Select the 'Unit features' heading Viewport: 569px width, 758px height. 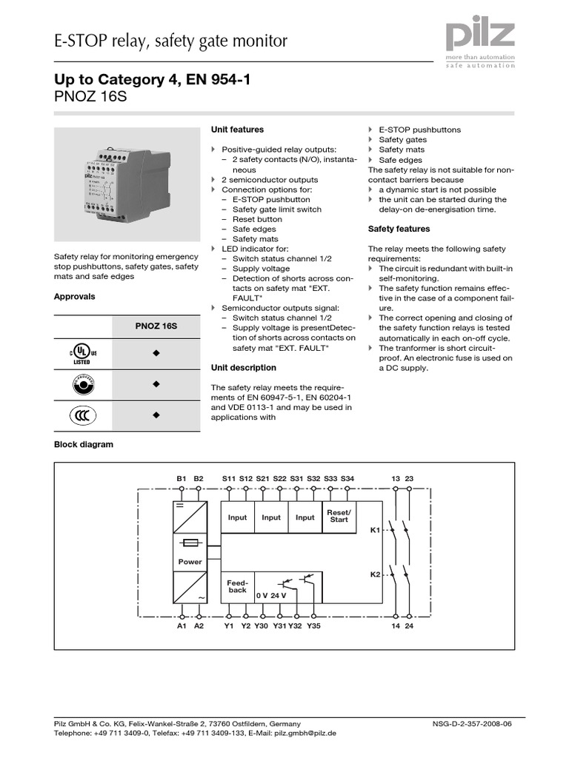click(x=237, y=130)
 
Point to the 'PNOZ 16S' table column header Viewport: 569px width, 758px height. click(x=156, y=326)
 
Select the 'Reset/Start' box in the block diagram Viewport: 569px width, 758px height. click(x=339, y=517)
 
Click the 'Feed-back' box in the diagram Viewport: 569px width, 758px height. click(x=237, y=586)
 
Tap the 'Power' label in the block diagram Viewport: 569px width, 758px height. click(x=190, y=562)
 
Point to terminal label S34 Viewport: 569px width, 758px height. click(x=347, y=479)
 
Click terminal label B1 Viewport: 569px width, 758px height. click(x=182, y=479)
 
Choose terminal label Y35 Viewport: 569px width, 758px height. click(x=314, y=625)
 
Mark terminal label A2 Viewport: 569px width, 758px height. click(x=199, y=625)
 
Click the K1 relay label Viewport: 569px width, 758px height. click(x=375, y=530)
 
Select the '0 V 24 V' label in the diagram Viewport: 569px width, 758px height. click(x=271, y=595)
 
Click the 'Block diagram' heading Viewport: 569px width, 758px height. click(x=83, y=445)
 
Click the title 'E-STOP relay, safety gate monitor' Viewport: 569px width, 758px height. click(x=170, y=41)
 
